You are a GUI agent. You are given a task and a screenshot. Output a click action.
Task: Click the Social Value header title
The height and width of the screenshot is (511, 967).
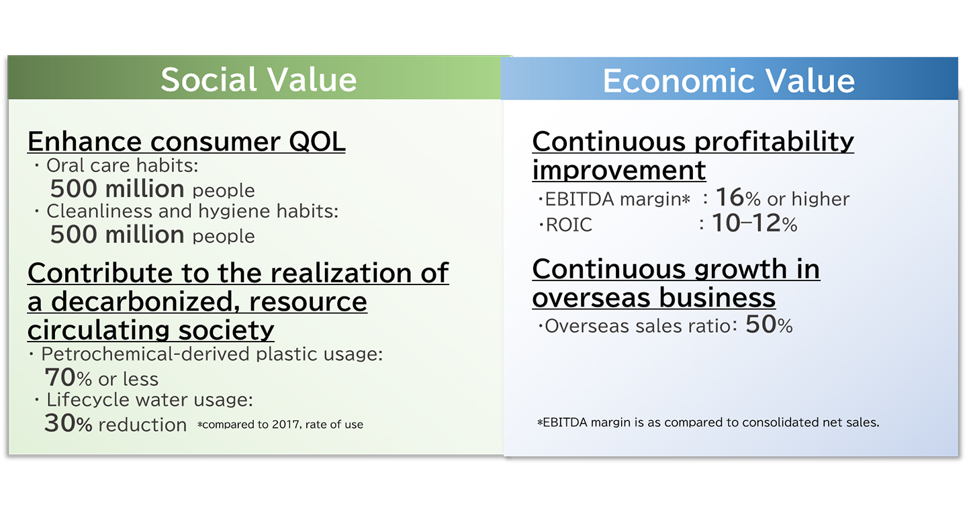point(259,79)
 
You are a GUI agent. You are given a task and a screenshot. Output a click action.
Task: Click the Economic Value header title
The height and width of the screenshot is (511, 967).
point(729,81)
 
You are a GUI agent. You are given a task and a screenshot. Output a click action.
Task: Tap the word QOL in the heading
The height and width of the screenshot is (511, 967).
point(317,142)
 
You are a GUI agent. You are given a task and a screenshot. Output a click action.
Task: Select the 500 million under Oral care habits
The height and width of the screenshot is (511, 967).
point(117,189)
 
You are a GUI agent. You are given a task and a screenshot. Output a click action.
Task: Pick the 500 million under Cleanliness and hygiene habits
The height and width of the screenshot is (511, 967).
point(117,235)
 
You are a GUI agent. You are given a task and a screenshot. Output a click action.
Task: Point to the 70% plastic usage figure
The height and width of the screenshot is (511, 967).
point(68,377)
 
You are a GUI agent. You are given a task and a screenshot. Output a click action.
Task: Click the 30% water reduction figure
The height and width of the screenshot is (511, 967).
point(68,423)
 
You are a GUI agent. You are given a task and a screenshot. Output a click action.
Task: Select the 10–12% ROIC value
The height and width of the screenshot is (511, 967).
point(754,223)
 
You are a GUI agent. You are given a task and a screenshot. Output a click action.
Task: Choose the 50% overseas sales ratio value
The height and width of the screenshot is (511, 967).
point(769,325)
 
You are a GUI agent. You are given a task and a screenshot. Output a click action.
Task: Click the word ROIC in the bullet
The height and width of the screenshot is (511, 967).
point(569,225)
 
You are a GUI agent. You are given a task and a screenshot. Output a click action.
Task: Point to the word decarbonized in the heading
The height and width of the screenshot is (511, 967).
point(145,301)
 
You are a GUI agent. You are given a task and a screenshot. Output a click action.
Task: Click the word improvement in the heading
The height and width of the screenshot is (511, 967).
point(619,170)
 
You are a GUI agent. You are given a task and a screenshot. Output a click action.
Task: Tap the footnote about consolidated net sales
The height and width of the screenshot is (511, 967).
point(708,422)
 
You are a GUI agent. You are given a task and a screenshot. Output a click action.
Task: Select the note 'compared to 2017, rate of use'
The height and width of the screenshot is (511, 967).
point(280,424)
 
